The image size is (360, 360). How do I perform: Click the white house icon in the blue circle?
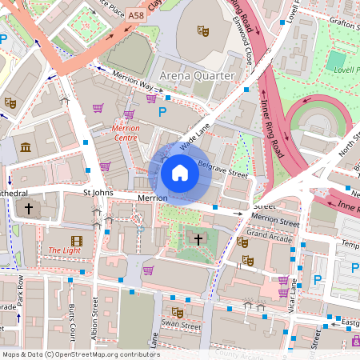pos(180,172)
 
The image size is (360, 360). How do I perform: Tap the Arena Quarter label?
pos(198,76)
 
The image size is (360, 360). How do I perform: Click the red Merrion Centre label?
pos(126,132)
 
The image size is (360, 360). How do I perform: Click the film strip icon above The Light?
pos(76,240)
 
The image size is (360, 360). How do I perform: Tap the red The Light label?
pos(64,250)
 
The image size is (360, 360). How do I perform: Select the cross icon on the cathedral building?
pos(29,209)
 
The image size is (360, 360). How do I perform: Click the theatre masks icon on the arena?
pos(203,31)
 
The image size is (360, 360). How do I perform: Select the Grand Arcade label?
pos(268,235)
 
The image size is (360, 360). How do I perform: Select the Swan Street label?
pos(182,326)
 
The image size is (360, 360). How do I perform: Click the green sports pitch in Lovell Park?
pos(337,60)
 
